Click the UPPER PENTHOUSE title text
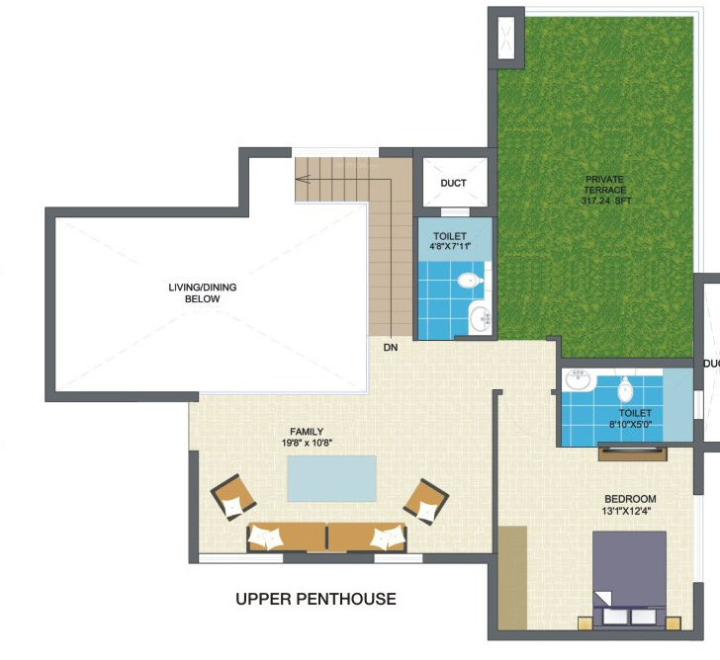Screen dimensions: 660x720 (x=315, y=599)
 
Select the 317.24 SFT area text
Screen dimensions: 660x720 (x=605, y=201)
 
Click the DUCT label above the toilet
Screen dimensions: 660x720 (x=453, y=184)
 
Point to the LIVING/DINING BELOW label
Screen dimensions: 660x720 (x=202, y=292)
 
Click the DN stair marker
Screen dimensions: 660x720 (x=392, y=348)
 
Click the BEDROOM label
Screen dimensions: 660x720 (x=630, y=499)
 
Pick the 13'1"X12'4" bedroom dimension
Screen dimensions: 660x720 (x=630, y=512)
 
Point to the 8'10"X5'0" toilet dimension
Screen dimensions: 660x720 (x=635, y=424)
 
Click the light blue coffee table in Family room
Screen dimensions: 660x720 (x=331, y=479)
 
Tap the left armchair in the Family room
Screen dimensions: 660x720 (x=234, y=496)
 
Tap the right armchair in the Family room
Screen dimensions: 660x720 (x=426, y=500)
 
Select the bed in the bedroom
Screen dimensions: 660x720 (x=629, y=579)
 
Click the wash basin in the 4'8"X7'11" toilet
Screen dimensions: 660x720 (x=480, y=318)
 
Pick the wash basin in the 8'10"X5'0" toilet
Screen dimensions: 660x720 (x=577, y=381)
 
